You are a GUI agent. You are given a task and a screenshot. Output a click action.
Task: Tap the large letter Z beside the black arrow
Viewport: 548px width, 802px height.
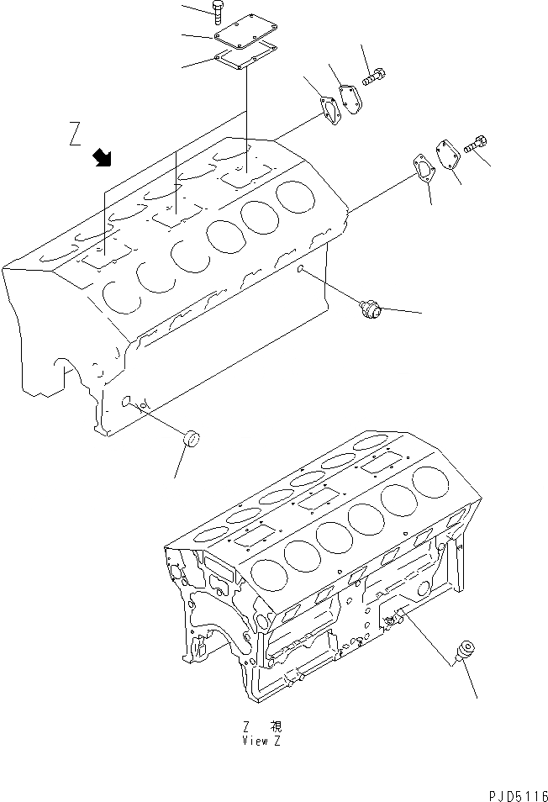[x=76, y=135]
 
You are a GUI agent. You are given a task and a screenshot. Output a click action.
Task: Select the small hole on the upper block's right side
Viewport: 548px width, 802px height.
[x=300, y=269]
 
